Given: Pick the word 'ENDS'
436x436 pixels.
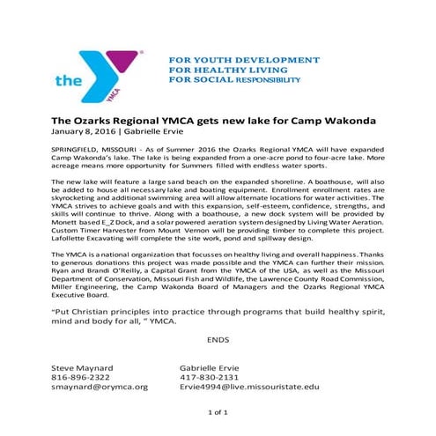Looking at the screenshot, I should pyautogui.click(x=218, y=337).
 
